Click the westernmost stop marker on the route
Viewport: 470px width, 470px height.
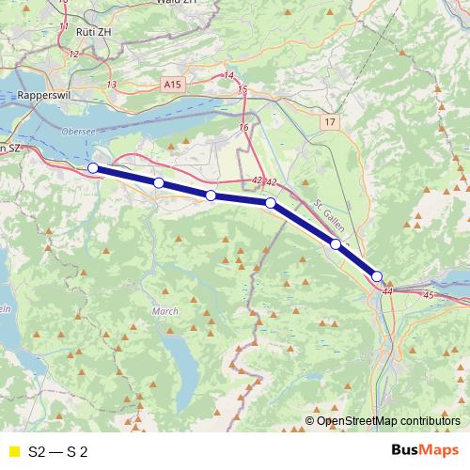pyautogui.click(x=93, y=168)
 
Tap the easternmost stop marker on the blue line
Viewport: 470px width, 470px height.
pyautogui.click(x=377, y=276)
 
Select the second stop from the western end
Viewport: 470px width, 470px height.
pyautogui.click(x=159, y=182)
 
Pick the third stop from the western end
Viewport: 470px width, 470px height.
pyautogui.click(x=211, y=196)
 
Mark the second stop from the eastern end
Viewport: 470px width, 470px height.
pyautogui.click(x=336, y=244)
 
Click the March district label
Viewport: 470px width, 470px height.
pyautogui.click(x=164, y=310)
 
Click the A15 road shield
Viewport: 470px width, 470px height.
pyautogui.click(x=171, y=85)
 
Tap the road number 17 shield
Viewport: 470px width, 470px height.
pyautogui.click(x=328, y=122)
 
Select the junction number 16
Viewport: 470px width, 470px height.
pyautogui.click(x=244, y=127)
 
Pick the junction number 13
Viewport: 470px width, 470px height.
pyautogui.click(x=112, y=85)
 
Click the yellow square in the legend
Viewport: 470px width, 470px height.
pyautogui.click(x=12, y=450)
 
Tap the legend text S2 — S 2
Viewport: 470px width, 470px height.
pyautogui.click(x=58, y=450)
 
